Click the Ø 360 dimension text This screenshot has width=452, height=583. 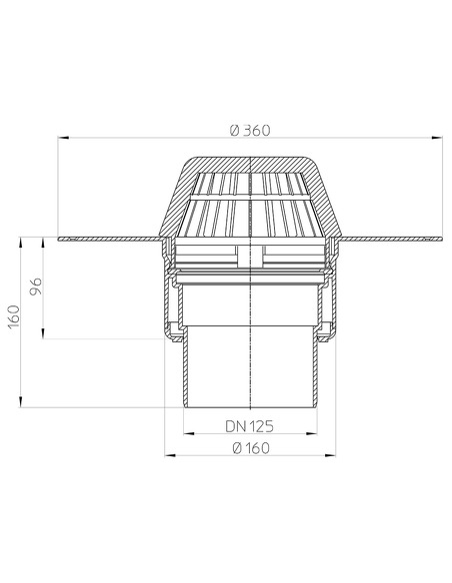coord(250,129)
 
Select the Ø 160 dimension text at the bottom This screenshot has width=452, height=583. coord(250,448)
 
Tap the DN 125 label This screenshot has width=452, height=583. coord(250,426)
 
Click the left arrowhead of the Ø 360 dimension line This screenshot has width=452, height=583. coord(62,139)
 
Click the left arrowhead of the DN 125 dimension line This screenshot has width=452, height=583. coord(187,435)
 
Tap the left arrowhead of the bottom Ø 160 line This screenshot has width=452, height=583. coord(166,457)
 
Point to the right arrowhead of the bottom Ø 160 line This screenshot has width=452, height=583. coord(335,457)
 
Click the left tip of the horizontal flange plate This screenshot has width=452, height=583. coord(60,238)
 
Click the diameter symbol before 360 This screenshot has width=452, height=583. coord(233,129)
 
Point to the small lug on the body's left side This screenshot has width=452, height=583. coord(173,332)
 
